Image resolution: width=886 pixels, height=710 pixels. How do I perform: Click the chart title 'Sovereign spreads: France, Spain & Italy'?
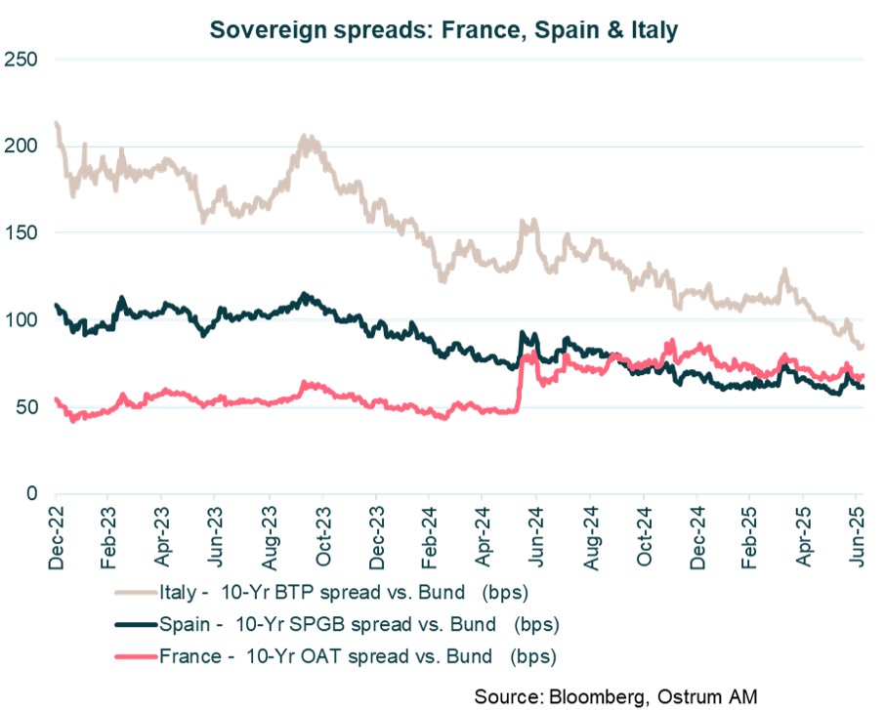coord(443,30)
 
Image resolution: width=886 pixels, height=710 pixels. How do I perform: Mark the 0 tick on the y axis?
coord(31,494)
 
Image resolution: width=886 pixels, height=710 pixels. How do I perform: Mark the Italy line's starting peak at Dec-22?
coord(57,124)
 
